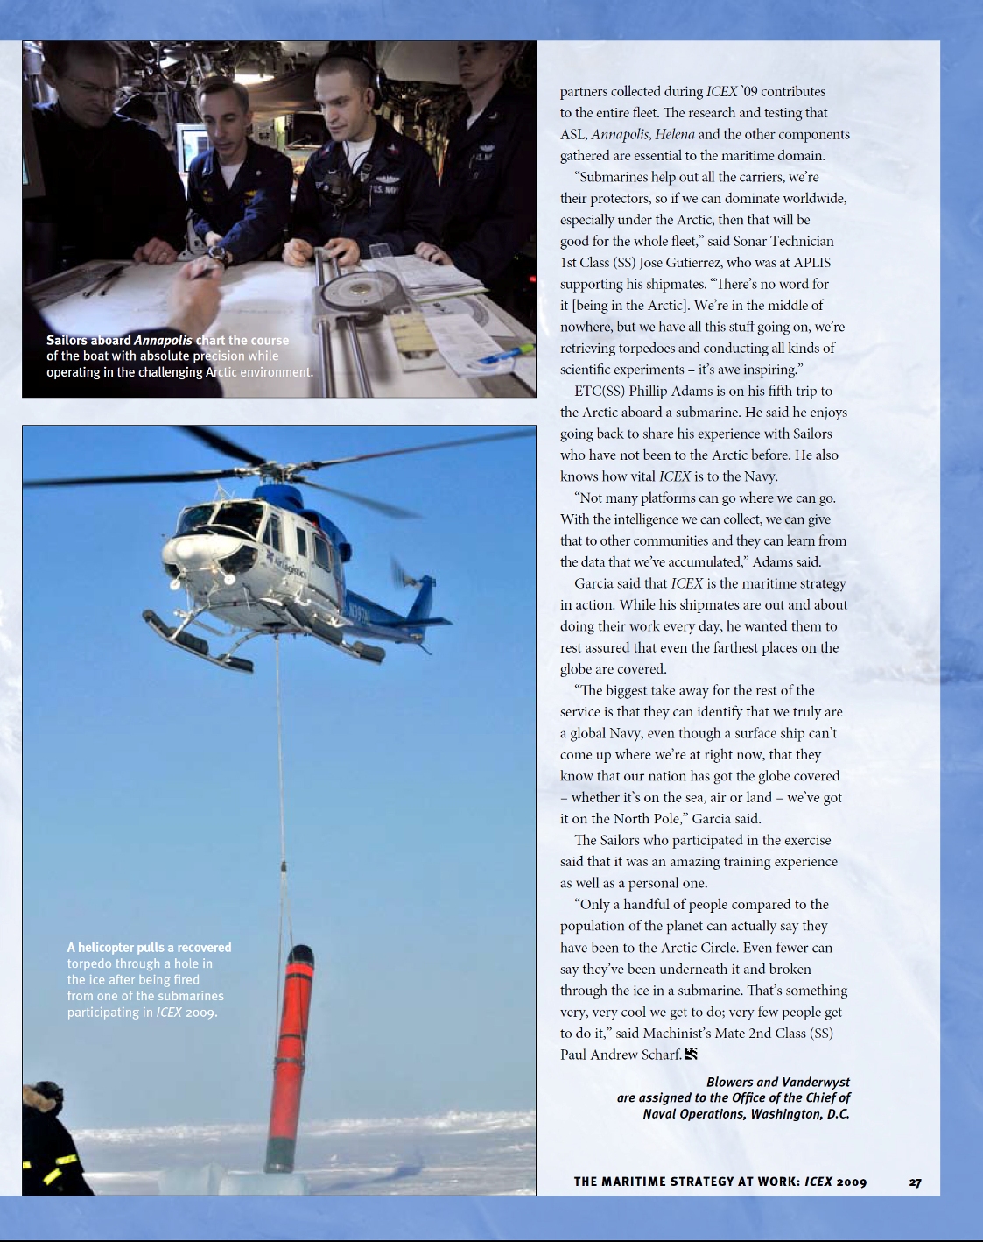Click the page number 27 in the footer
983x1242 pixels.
[x=915, y=1182]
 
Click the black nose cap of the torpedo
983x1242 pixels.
[x=300, y=955]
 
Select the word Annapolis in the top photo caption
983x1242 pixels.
[x=163, y=340]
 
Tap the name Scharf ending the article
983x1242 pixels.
[x=659, y=1055]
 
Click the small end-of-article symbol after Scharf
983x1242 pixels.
[x=692, y=1054]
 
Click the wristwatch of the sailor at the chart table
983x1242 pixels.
[x=218, y=256]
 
